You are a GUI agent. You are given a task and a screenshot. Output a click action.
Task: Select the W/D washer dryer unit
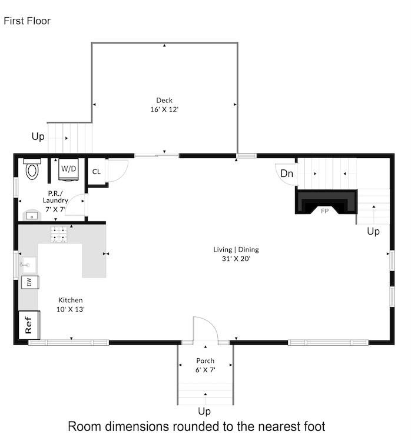[69, 169]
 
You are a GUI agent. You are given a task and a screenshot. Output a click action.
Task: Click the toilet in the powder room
[32, 170]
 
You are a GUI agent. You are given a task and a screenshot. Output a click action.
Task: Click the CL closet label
[95, 172]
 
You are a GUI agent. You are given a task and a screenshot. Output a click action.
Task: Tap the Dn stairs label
[287, 173]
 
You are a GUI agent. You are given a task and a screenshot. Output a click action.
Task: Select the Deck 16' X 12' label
[164, 105]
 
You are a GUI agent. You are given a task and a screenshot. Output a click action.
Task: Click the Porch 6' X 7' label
[206, 365]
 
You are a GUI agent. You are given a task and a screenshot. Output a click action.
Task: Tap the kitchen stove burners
[59, 235]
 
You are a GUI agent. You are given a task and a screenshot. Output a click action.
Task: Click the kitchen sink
[27, 265]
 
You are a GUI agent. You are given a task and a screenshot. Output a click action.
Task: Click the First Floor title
[27, 21]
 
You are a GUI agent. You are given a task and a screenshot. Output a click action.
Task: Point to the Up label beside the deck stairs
[38, 136]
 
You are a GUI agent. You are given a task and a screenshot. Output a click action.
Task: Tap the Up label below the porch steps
[204, 411]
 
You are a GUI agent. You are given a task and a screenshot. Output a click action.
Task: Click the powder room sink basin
[32, 216]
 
